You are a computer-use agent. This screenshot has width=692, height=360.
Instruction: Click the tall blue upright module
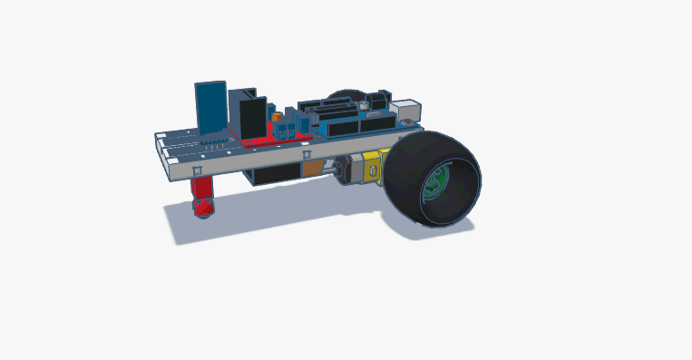pos(210,106)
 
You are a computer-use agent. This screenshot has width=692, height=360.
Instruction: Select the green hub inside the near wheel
pos(435,182)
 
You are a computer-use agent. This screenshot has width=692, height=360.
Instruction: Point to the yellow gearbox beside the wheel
pos(372,167)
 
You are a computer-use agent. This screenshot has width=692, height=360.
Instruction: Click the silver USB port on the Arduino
pos(410,108)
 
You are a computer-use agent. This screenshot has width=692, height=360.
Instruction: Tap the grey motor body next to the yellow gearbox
pos(345,169)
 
